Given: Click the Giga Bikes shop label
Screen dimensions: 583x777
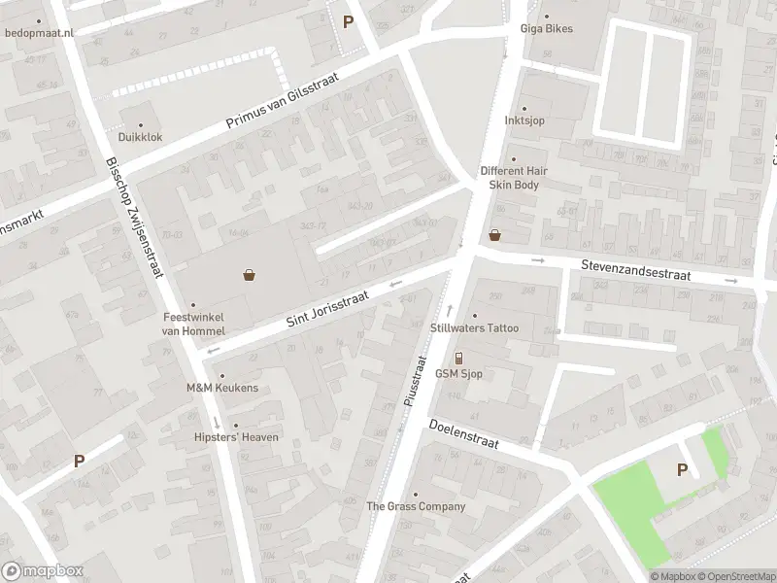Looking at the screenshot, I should (x=545, y=28).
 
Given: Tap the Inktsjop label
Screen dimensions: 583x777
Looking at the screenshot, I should (x=524, y=122).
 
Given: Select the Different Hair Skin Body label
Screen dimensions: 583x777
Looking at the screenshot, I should (x=514, y=177).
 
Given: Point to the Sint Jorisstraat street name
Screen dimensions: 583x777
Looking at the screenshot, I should (x=330, y=308).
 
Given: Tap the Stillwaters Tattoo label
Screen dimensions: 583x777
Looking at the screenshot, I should (x=474, y=328).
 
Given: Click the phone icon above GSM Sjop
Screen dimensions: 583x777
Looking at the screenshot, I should (x=459, y=358).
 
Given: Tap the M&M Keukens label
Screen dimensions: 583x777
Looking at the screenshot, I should (x=222, y=388).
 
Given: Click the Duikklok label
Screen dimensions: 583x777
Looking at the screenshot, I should (x=141, y=137).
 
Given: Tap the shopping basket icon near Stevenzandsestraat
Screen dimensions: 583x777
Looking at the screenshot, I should (x=495, y=234).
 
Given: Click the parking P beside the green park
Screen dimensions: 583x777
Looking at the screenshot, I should (x=682, y=470).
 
